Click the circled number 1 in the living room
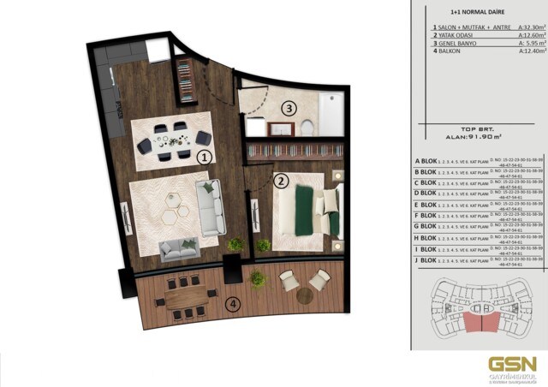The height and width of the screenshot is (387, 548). (x=204, y=158)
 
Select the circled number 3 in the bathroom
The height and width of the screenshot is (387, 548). (x=289, y=109)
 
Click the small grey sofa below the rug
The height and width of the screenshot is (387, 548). (x=179, y=249)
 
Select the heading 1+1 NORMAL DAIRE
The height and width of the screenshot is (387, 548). (x=474, y=14)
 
